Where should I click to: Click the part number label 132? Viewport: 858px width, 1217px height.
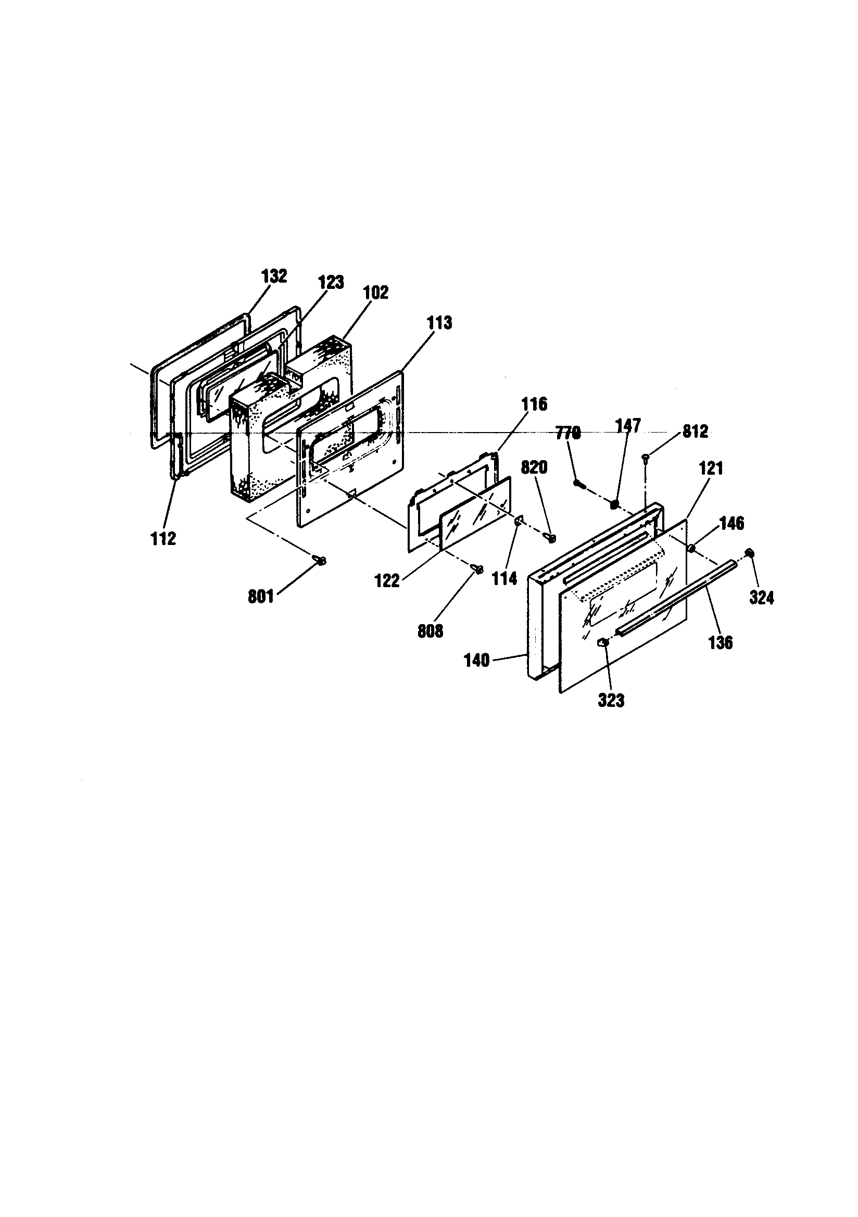click(275, 276)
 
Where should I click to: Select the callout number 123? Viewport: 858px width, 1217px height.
click(331, 282)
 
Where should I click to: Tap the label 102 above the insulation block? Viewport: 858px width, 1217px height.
click(375, 292)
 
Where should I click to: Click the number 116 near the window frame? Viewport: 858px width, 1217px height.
click(534, 404)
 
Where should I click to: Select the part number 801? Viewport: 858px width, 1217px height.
click(261, 597)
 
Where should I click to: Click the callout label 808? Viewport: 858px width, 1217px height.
click(430, 631)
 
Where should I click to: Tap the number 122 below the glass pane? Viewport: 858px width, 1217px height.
click(387, 581)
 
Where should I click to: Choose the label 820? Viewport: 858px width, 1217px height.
click(534, 467)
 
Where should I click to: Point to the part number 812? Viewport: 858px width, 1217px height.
click(695, 432)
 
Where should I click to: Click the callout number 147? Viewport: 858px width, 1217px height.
click(628, 426)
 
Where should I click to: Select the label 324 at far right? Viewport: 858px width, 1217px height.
click(762, 598)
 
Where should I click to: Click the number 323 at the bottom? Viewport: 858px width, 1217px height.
click(611, 700)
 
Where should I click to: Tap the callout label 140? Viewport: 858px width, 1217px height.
click(477, 661)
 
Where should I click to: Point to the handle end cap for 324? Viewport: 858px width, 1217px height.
click(750, 553)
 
